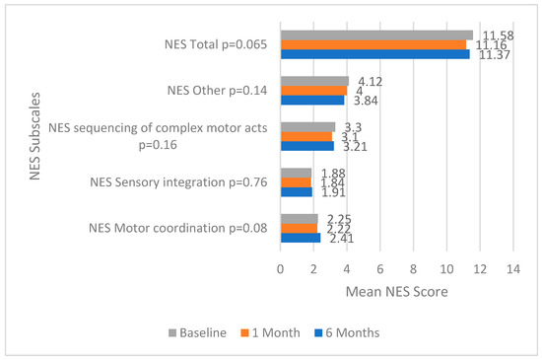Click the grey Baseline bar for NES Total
point(376,35)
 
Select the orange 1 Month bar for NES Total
point(373,44)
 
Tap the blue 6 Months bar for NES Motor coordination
point(301,238)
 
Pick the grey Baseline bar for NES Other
point(314,81)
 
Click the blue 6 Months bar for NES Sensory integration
point(297,191)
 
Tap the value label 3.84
point(370,101)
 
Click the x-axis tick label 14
point(512,269)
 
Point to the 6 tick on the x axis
point(379,269)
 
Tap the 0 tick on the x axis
point(281,269)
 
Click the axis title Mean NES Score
point(397,293)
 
